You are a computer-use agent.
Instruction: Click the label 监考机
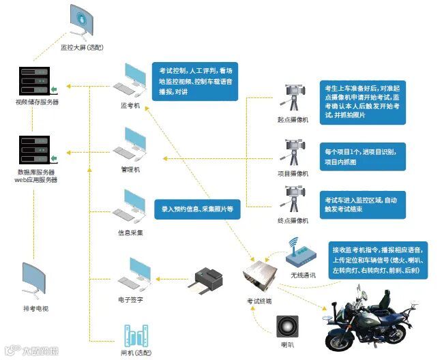(x=130, y=106)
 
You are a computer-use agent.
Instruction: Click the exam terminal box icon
(x=259, y=276)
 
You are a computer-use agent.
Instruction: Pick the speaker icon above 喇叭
(x=286, y=325)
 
